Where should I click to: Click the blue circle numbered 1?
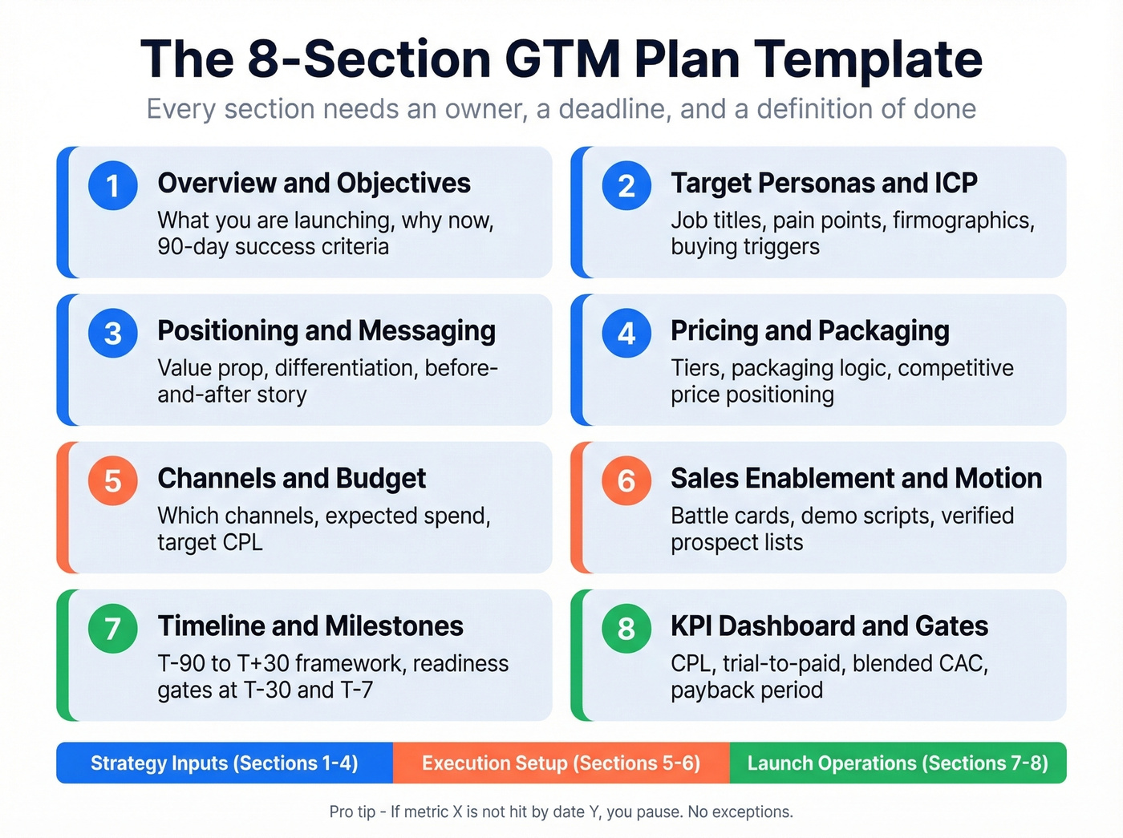tap(112, 185)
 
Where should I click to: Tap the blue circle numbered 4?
tap(626, 333)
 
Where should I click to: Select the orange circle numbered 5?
tap(112, 480)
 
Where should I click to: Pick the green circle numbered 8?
tap(626, 628)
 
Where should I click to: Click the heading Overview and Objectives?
tap(314, 183)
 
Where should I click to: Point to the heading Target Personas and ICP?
tap(824, 183)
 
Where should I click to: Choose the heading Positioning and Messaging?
tap(326, 330)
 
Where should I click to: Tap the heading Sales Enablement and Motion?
tap(856, 478)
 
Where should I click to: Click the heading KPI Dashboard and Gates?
tap(829, 625)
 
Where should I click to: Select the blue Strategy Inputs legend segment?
tap(225, 763)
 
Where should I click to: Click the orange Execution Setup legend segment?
tap(561, 763)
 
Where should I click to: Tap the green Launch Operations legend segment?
tap(898, 763)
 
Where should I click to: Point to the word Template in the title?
tap(868, 59)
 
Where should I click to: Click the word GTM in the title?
tap(562, 59)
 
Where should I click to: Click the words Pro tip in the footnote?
tap(352, 812)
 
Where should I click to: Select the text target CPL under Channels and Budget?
tap(210, 542)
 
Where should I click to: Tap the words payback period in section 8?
tap(747, 690)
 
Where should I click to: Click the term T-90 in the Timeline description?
tap(181, 663)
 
